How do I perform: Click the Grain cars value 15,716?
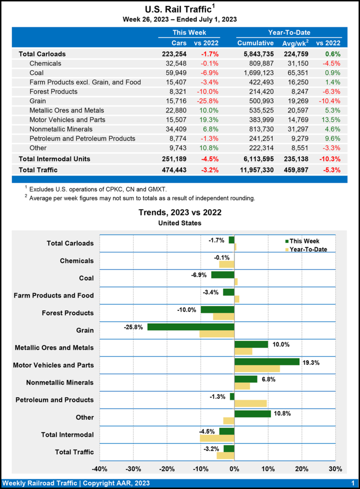point(175,101)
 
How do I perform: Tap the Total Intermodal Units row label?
point(54,159)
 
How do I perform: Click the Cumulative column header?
point(255,43)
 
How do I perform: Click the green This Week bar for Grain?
point(191,327)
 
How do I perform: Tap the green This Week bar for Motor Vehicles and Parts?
point(267,361)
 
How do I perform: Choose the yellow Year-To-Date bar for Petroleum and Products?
point(250,403)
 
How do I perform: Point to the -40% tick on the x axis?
point(99,468)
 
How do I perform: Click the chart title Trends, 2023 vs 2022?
point(180,212)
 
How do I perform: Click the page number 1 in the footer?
point(352,483)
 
